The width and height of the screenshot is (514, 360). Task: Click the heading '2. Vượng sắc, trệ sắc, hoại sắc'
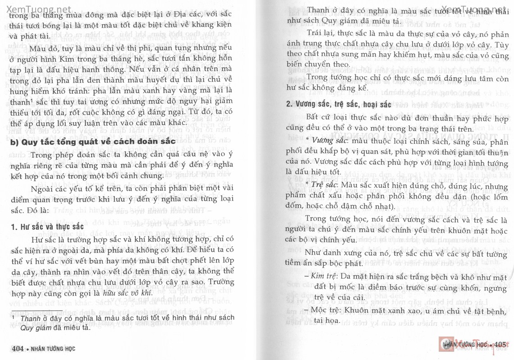[338, 104]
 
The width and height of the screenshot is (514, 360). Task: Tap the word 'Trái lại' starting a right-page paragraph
[319, 34]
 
